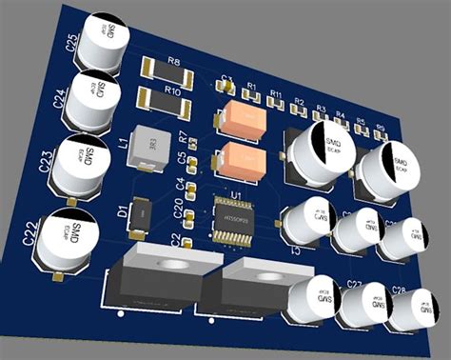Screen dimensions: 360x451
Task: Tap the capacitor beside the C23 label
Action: coord(84,164)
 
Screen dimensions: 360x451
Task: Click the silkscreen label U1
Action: coord(238,194)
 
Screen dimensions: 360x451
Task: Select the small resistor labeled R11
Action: coord(275,104)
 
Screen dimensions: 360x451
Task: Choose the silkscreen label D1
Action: coord(121,210)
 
